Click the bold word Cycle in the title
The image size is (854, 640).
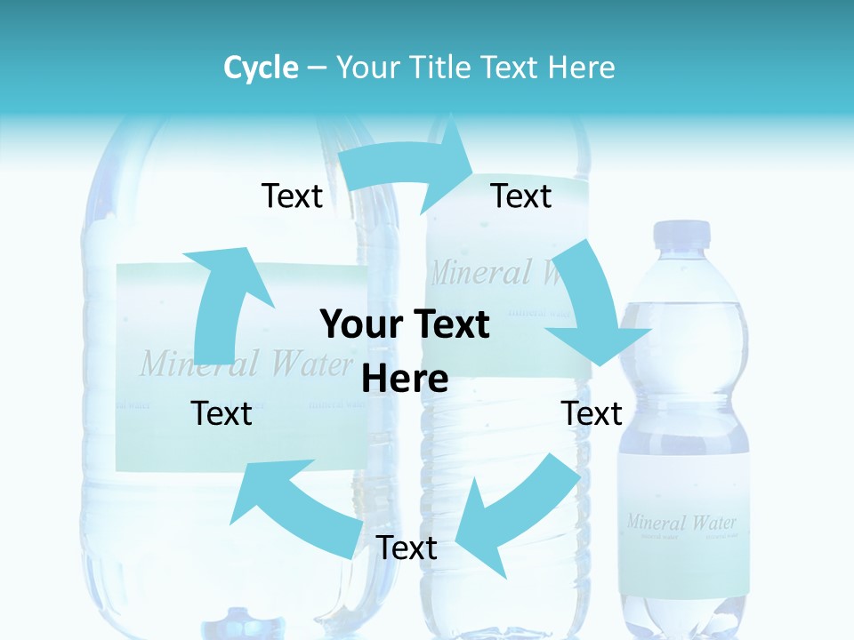tap(261, 68)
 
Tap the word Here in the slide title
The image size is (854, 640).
tap(579, 68)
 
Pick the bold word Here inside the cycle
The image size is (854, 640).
tap(405, 380)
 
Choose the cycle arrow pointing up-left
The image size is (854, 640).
tap(293, 507)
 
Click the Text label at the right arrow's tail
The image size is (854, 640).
tap(292, 196)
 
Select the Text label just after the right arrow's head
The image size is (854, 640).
tap(521, 196)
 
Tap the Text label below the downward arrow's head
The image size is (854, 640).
tap(592, 413)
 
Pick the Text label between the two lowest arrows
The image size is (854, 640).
tap(407, 548)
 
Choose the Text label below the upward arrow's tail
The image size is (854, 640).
tap(222, 413)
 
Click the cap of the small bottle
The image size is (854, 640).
tap(682, 234)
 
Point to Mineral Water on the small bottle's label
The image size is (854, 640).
tap(681, 522)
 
